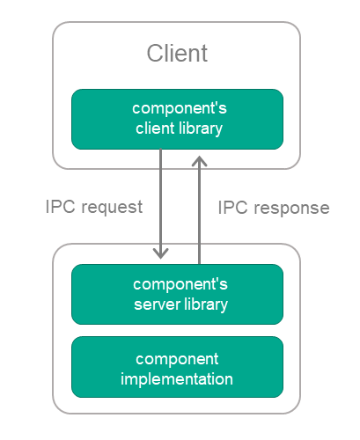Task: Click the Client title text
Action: click(177, 53)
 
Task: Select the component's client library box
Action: click(177, 119)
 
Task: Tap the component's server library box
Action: click(177, 294)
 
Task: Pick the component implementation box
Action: click(177, 367)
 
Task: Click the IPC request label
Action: click(94, 208)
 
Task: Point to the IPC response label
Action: click(274, 209)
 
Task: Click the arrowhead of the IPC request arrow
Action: click(161, 253)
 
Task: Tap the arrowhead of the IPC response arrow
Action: click(200, 161)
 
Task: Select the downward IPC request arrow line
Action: click(161, 204)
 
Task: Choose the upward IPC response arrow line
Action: click(200, 209)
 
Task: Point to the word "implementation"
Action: click(177, 379)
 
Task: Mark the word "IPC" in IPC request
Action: click(61, 207)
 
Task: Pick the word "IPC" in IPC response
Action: click(233, 208)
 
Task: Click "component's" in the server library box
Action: click(180, 285)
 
